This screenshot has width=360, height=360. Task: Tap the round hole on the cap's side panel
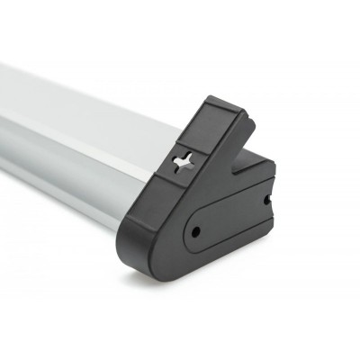195,232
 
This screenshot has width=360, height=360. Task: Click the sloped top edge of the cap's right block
256,162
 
